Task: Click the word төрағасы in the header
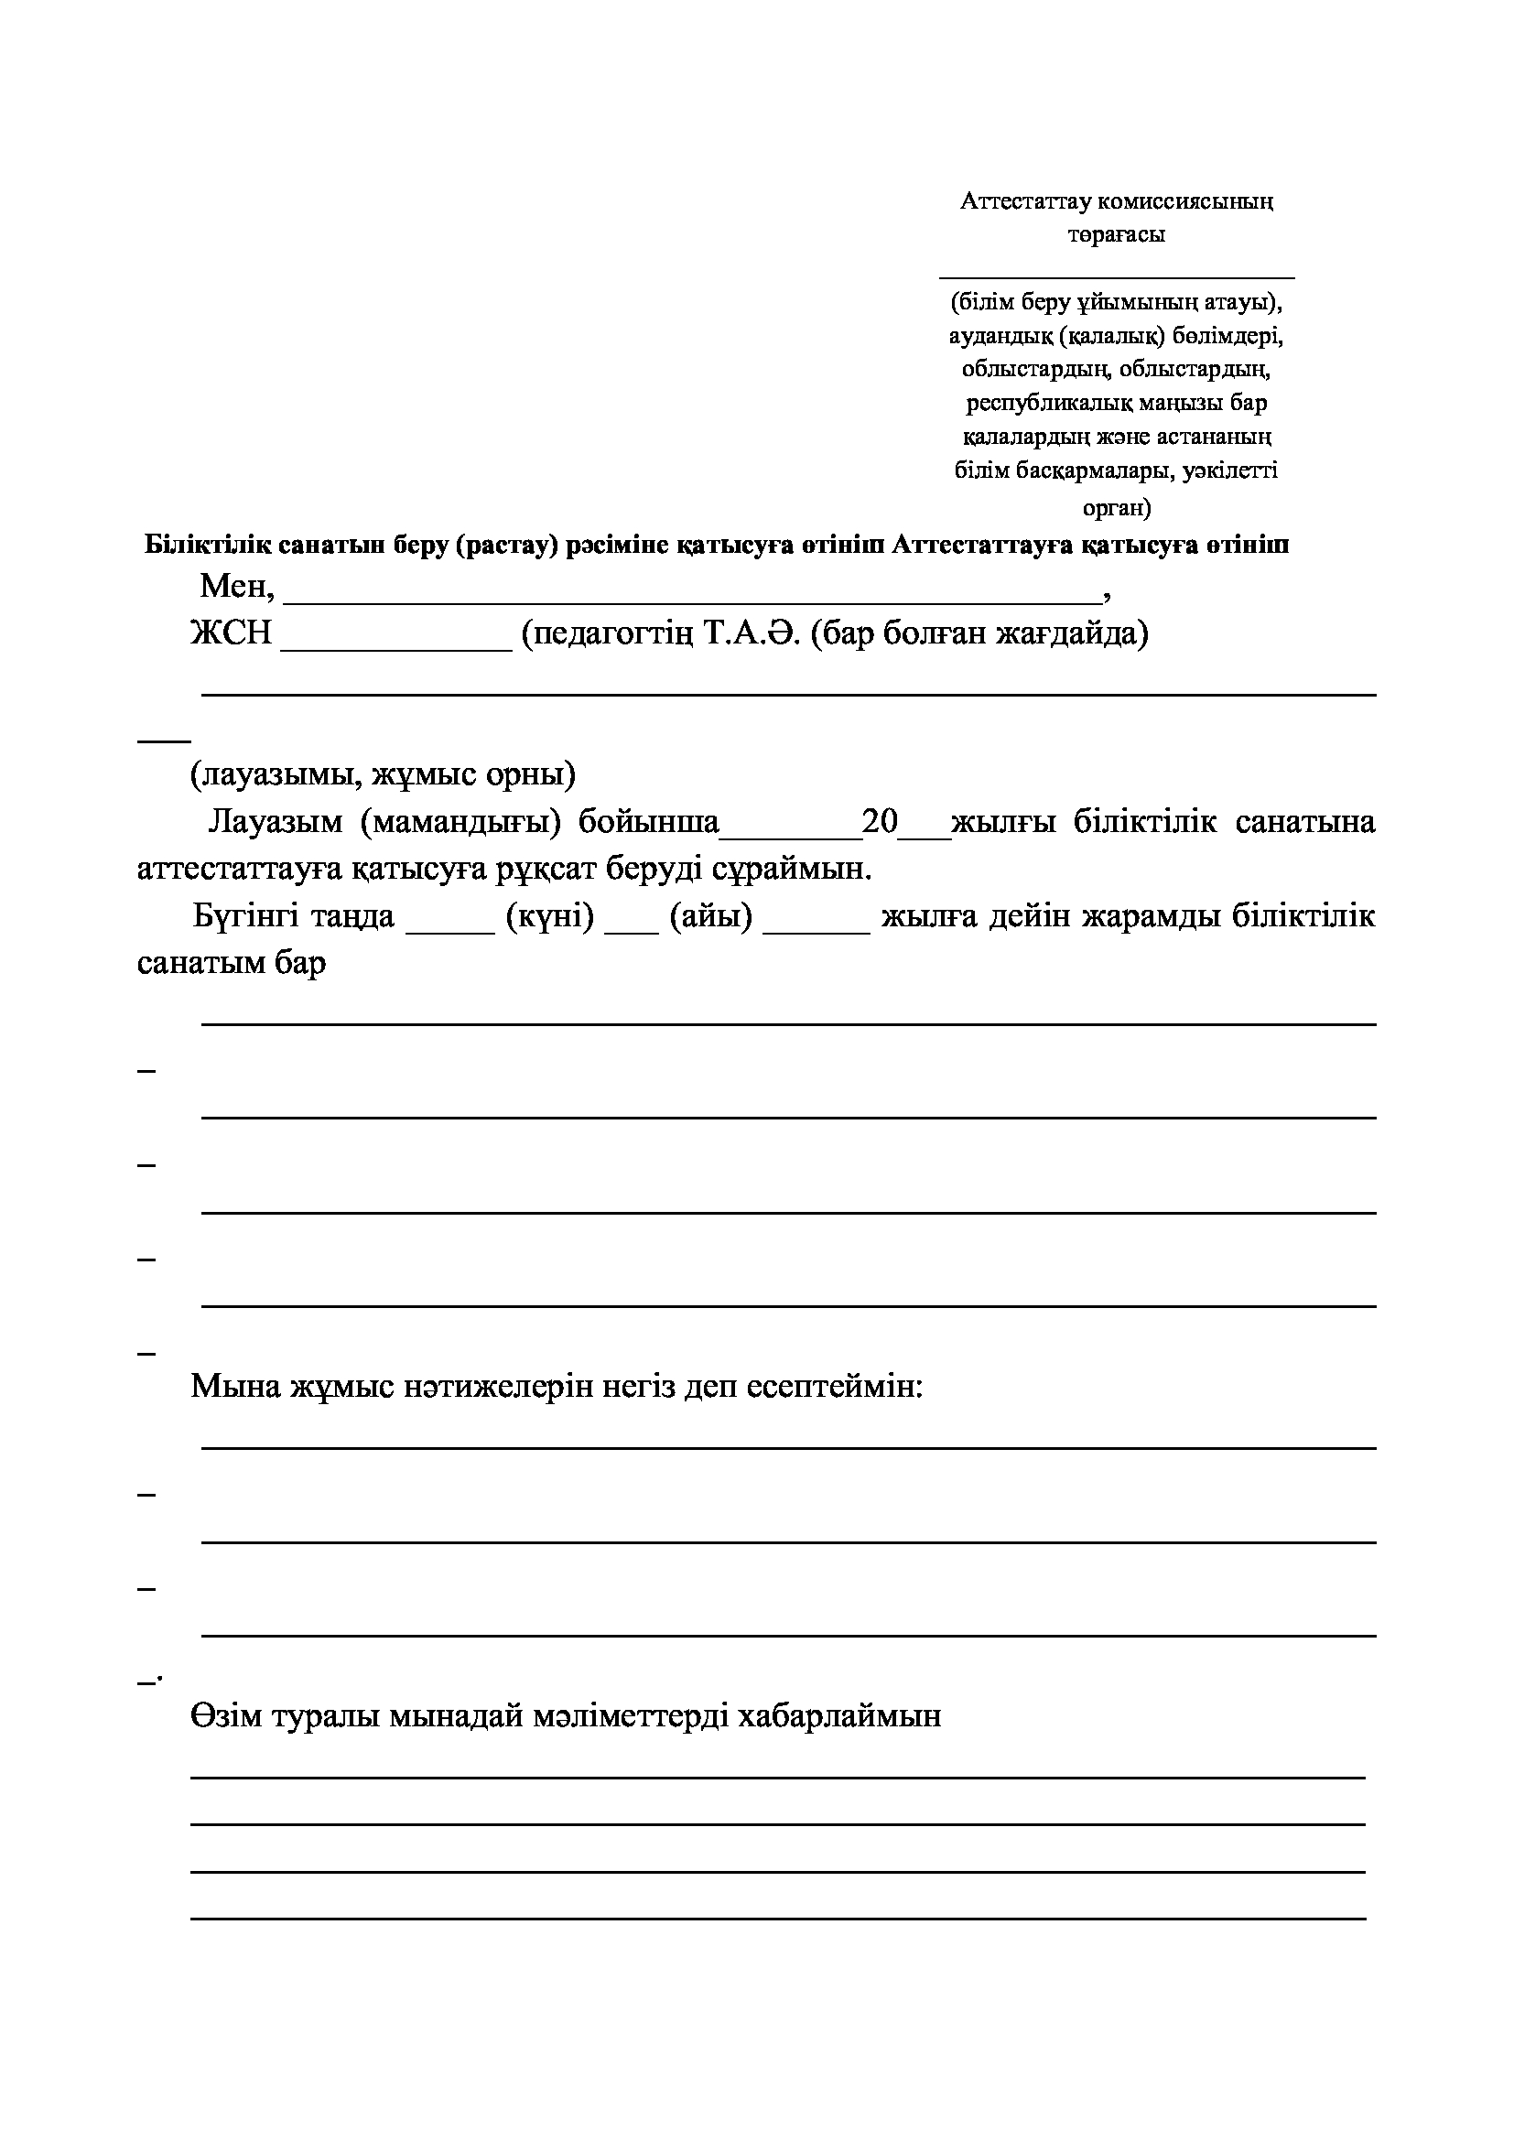1116,235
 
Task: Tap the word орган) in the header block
1117,508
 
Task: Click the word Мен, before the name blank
238,587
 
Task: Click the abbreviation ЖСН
232,634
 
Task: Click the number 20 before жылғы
879,821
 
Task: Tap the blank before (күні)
450,925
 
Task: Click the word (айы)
710,916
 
